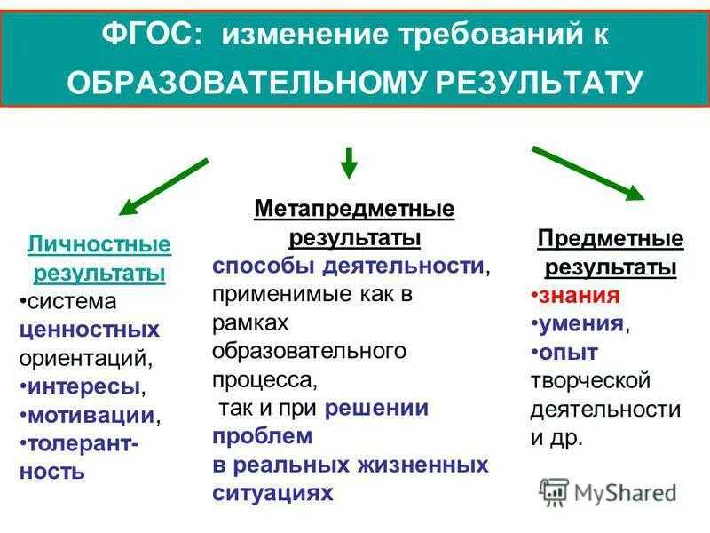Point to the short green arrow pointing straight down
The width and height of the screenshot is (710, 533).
(349, 163)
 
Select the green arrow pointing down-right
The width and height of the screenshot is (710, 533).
(587, 172)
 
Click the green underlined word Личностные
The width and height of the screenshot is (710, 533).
(99, 243)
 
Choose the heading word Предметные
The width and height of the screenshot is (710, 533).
(611, 239)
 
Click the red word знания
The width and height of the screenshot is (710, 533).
(582, 296)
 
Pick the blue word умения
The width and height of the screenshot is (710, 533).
(581, 324)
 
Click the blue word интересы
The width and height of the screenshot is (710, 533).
(83, 387)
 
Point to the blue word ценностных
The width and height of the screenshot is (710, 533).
(89, 330)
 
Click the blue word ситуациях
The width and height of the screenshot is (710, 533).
(272, 493)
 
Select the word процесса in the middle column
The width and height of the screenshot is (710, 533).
(264, 379)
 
